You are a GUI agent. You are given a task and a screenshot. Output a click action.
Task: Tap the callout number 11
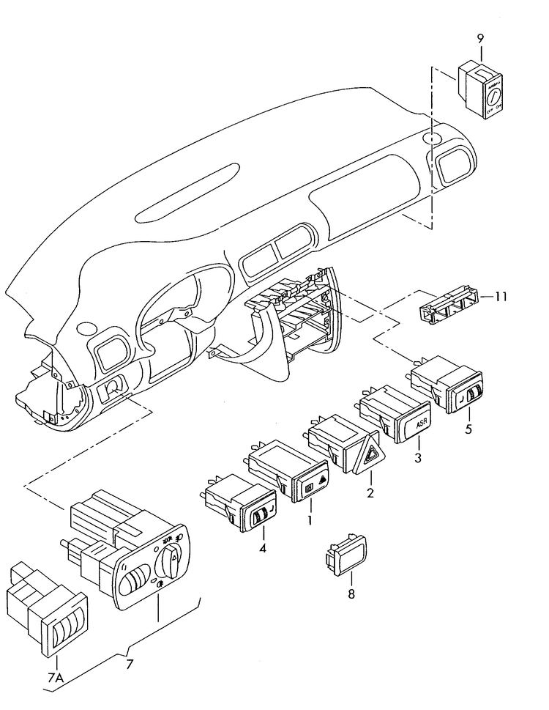click(500, 297)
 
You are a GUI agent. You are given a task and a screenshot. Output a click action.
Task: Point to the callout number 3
click(418, 458)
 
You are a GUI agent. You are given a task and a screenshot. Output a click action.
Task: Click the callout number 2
click(370, 493)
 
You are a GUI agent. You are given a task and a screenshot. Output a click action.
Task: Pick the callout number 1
click(310, 520)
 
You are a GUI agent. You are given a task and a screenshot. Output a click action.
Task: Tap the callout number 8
click(351, 593)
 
